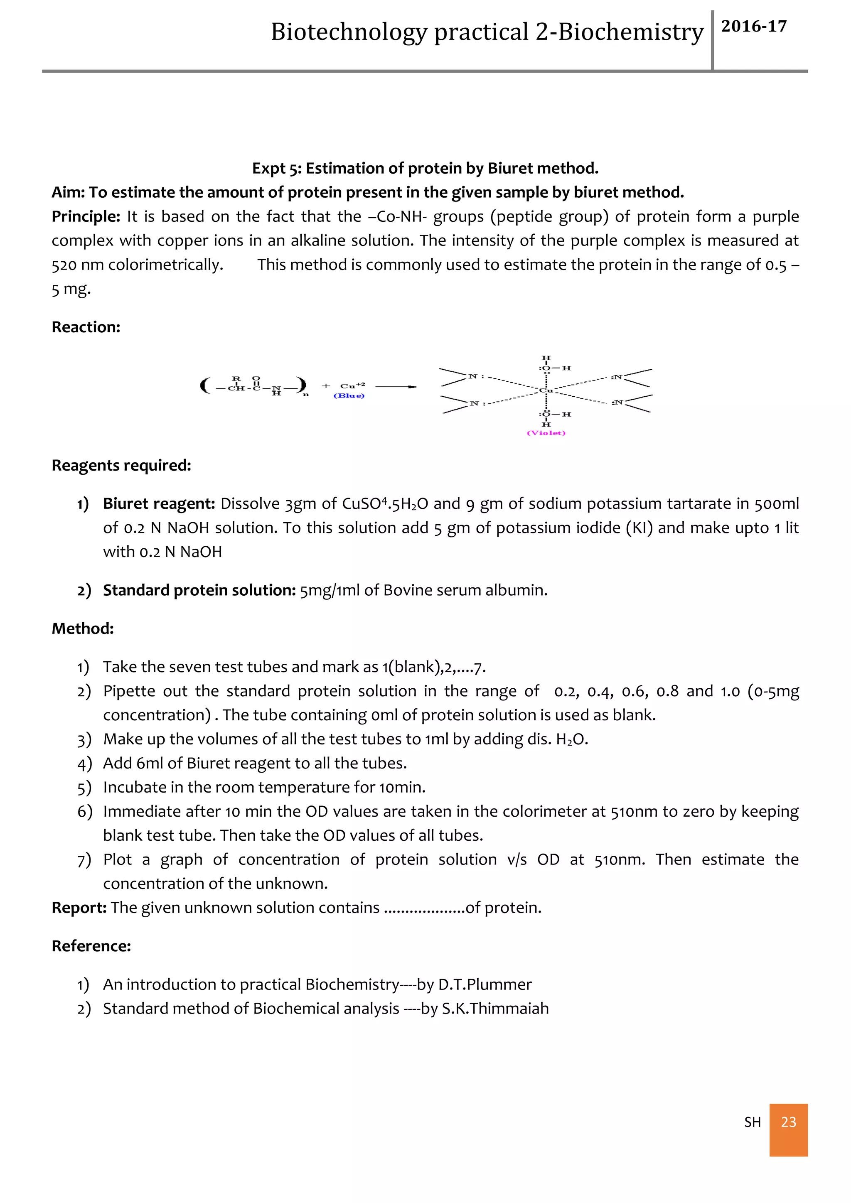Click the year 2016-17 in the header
click(x=753, y=26)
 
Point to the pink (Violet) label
click(x=546, y=433)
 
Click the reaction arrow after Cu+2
click(x=396, y=387)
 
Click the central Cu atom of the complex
click(x=546, y=390)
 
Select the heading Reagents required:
click(x=121, y=465)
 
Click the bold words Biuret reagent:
click(x=159, y=503)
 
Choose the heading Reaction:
click(x=86, y=327)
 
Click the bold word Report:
click(x=79, y=908)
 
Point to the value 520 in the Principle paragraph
click(x=64, y=265)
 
